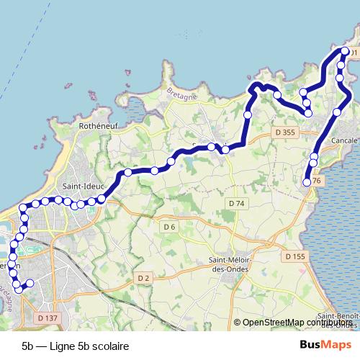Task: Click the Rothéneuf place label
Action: [x=98, y=125]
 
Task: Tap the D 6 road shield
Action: [x=169, y=228]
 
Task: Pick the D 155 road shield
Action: [x=295, y=256]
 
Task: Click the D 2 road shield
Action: [x=143, y=278]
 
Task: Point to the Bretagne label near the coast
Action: [x=181, y=93]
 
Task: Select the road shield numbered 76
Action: [x=318, y=180]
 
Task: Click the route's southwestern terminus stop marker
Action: [x=30, y=283]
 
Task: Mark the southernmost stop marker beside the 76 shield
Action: [x=307, y=182]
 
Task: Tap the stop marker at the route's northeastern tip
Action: [x=344, y=52]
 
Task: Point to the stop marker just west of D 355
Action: [x=248, y=114]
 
